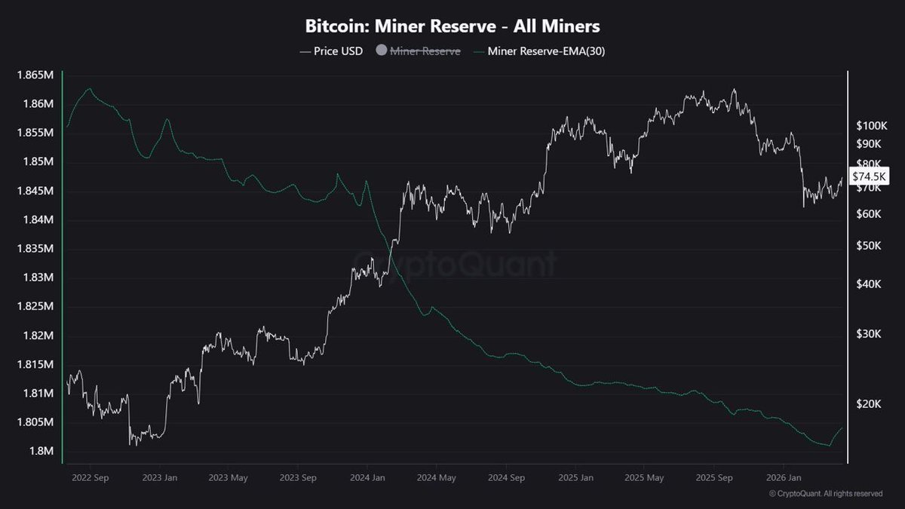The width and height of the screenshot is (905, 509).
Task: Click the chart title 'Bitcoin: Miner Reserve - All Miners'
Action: (452, 26)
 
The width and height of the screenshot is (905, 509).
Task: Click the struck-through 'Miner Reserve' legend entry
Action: (425, 51)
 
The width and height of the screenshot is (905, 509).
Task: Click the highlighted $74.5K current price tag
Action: (870, 176)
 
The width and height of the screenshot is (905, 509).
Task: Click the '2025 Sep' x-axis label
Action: (714, 477)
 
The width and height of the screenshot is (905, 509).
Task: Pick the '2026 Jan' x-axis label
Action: (784, 477)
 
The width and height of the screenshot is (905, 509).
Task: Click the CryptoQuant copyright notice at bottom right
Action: (825, 494)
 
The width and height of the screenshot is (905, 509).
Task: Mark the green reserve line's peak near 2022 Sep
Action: (90, 88)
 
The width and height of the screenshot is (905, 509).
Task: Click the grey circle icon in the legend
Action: (381, 51)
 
